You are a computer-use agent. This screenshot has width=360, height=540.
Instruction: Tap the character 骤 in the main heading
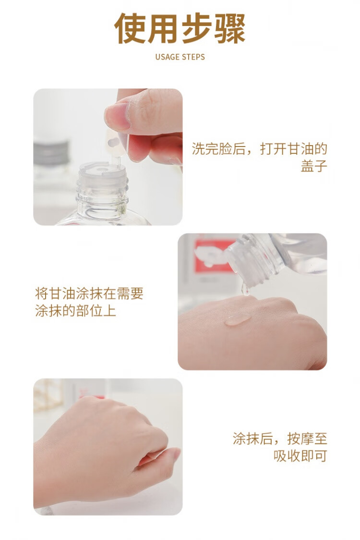(x=229, y=28)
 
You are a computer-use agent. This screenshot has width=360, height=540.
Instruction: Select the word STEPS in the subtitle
(x=193, y=57)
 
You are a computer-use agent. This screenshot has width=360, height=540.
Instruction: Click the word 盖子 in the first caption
(x=313, y=166)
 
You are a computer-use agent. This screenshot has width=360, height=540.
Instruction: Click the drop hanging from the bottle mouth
(x=246, y=290)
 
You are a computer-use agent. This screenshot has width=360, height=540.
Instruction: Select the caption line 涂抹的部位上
(x=75, y=311)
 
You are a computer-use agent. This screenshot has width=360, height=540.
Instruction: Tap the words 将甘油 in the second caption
(x=55, y=294)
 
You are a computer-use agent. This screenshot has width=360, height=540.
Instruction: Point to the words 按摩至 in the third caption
(x=307, y=439)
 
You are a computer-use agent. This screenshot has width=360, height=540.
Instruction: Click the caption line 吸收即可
(x=300, y=456)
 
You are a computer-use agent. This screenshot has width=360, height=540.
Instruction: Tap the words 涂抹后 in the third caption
(x=252, y=439)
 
